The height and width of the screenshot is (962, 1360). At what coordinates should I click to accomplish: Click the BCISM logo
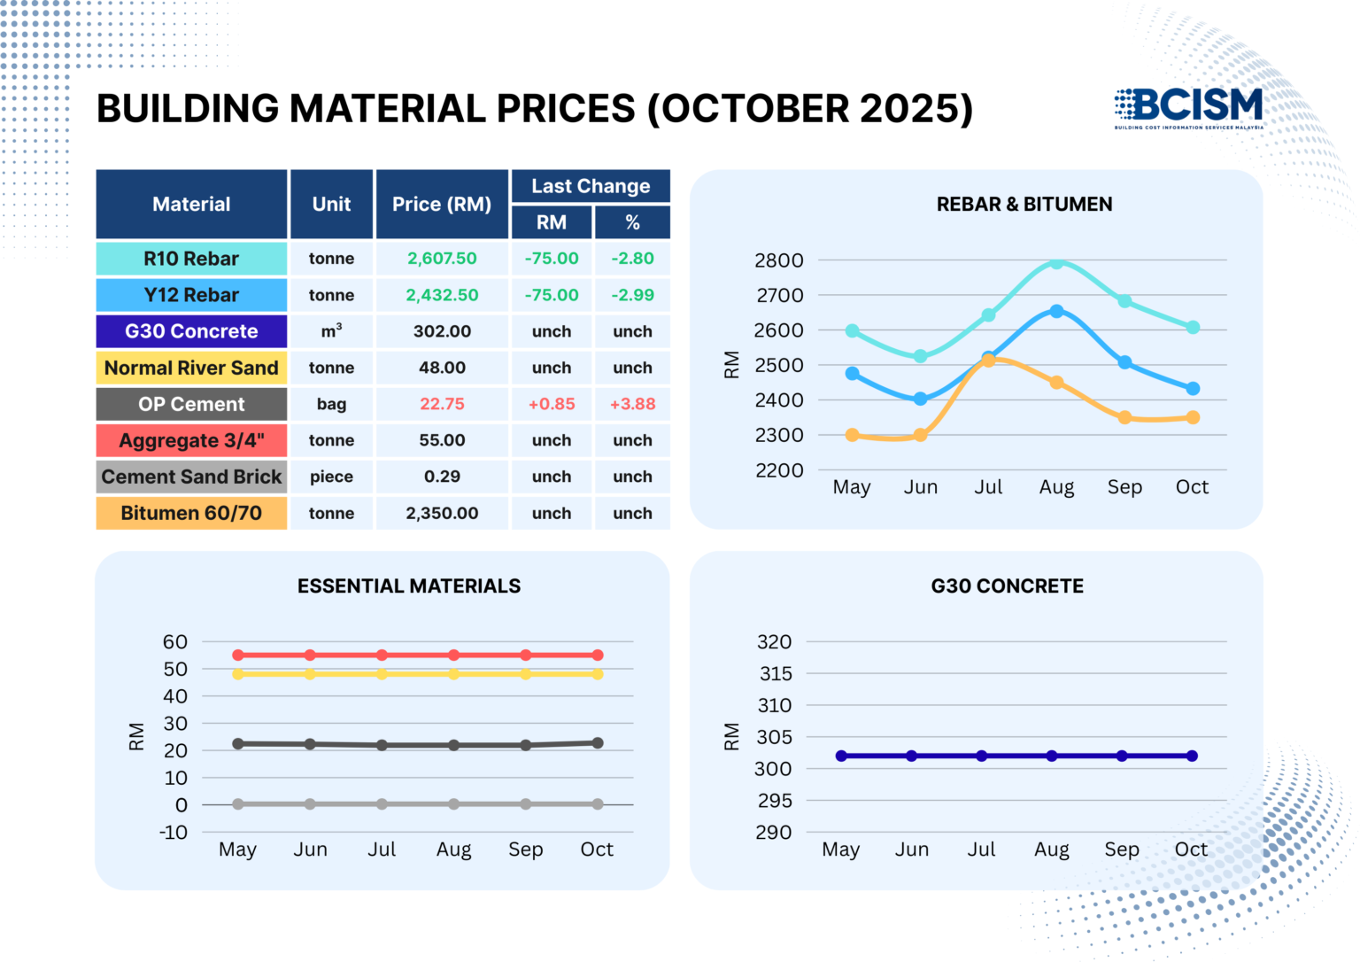pos(1189,107)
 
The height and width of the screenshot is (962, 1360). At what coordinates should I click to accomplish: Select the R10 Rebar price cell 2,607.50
pos(442,259)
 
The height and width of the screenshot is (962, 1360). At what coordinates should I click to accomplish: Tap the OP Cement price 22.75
pos(442,404)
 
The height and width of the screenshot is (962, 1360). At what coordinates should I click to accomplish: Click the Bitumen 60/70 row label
pos(191,513)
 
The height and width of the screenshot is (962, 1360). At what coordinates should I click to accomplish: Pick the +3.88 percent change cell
pos(632,404)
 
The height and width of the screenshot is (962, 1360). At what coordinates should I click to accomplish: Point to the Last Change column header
pos(591,186)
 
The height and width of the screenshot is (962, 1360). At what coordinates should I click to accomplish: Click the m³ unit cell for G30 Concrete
pos(331,331)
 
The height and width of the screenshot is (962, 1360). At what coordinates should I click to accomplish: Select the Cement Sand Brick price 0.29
pos(442,477)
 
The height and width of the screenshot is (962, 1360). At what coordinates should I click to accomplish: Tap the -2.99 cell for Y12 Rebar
pos(632,295)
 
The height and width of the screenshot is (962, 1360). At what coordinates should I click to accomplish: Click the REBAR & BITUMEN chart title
pos(1024,205)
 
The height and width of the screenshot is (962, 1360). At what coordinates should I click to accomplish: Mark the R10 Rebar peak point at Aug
pos(1056,262)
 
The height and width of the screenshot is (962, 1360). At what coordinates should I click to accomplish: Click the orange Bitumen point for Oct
pos(1193,417)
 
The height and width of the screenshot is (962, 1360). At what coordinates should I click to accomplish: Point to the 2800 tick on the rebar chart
pos(779,260)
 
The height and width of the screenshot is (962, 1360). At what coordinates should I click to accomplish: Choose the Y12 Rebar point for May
pos(852,374)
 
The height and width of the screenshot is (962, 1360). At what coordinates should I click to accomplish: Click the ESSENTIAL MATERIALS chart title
pos(409,586)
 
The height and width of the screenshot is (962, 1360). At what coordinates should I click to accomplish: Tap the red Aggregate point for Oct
pos(598,656)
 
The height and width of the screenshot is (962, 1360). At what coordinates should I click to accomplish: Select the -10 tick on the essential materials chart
pos(174,833)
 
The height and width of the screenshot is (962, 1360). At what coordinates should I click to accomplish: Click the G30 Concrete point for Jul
pos(981,756)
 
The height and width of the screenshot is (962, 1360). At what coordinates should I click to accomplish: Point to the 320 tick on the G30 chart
pos(775,642)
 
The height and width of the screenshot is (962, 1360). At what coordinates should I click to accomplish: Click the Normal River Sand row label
pos(191,368)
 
